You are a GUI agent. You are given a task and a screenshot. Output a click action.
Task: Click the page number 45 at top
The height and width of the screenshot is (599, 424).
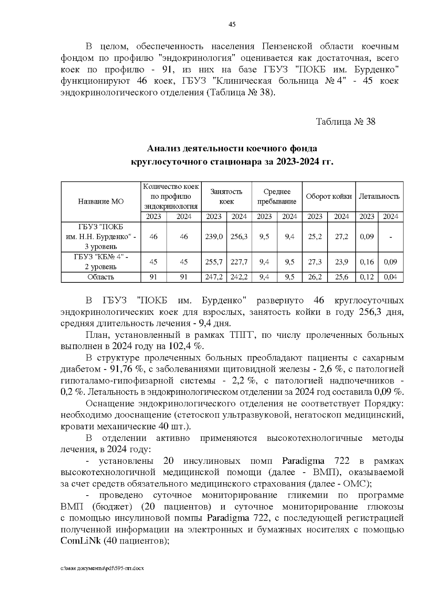pyautogui.click(x=232, y=24)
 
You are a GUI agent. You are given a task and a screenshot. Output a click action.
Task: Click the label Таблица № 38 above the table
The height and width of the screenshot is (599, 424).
pyautogui.click(x=345, y=122)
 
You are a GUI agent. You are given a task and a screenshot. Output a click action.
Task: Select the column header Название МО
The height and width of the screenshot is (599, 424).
pyautogui.click(x=101, y=202)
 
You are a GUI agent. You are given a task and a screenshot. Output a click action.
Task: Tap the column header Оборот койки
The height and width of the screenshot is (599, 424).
pyautogui.click(x=329, y=197)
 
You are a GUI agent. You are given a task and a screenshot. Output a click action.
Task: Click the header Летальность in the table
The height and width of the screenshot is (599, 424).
pyautogui.click(x=379, y=197)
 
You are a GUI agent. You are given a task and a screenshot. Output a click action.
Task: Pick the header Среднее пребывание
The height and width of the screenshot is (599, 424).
pyautogui.click(x=277, y=197)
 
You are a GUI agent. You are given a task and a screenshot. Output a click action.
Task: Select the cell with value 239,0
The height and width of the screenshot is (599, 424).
pyautogui.click(x=214, y=237)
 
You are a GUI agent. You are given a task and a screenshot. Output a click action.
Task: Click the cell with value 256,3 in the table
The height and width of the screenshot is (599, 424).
pyautogui.click(x=239, y=237)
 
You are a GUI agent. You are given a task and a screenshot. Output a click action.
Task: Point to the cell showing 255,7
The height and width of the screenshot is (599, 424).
pyautogui.click(x=214, y=262)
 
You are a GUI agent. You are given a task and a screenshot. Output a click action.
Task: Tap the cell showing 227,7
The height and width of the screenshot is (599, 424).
pyautogui.click(x=239, y=262)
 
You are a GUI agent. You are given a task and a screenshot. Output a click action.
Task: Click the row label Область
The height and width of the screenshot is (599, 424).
pyautogui.click(x=101, y=277)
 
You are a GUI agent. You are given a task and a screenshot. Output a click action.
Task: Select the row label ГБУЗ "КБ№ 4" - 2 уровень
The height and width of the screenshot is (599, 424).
pyautogui.click(x=101, y=262)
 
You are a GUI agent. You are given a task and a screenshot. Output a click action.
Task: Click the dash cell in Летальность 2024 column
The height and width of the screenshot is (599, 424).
pyautogui.click(x=390, y=237)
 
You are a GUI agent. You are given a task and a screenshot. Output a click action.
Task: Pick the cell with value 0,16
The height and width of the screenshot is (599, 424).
pyautogui.click(x=367, y=262)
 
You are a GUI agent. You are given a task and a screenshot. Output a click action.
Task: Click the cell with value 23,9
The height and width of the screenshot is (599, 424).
pyautogui.click(x=341, y=262)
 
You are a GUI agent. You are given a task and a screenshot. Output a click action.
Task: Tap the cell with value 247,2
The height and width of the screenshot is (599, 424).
pyautogui.click(x=214, y=277)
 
